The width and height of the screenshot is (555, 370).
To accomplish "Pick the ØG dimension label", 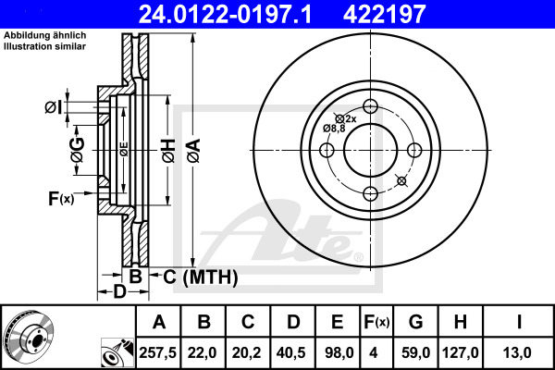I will tap(77, 150).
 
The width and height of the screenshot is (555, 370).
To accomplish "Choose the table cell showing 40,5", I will tap(292, 351).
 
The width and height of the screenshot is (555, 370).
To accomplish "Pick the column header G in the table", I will tap(414, 323).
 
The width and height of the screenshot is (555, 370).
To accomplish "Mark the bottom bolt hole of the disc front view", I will tap(370, 192).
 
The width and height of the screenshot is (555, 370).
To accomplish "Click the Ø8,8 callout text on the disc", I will tap(334, 128).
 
